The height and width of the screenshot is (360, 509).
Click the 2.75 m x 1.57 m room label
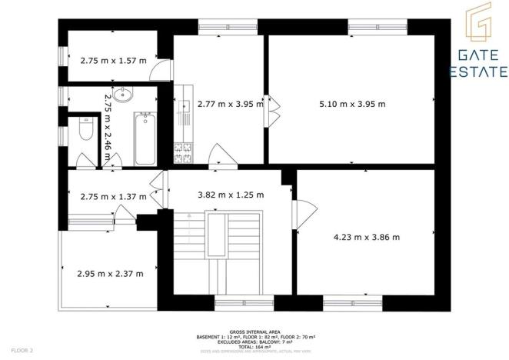click(x=113, y=60)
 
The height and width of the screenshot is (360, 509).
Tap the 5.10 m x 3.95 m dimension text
click(x=352, y=104)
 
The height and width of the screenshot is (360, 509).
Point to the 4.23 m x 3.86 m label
click(x=366, y=237)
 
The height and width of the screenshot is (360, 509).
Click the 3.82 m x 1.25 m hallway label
click(x=231, y=195)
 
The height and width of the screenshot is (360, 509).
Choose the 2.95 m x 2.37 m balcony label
click(x=110, y=273)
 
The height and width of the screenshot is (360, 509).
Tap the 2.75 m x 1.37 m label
click(x=113, y=197)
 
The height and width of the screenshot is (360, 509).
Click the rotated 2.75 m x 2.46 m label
click(x=108, y=128)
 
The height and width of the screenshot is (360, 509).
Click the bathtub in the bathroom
click(x=145, y=138)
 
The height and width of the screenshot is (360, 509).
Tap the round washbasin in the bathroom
click(x=124, y=95)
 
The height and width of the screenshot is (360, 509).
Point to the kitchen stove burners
click(x=183, y=152)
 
